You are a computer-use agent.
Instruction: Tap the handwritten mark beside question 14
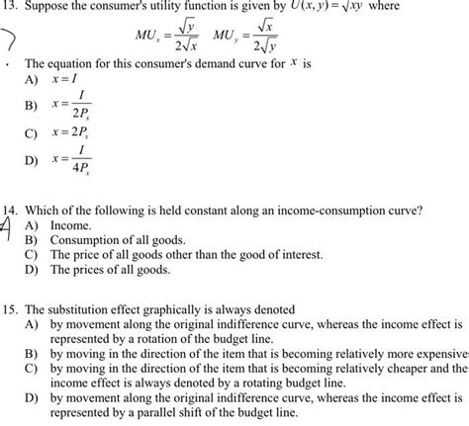tap(7, 227)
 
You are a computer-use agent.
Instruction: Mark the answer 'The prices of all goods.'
tap(110, 269)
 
